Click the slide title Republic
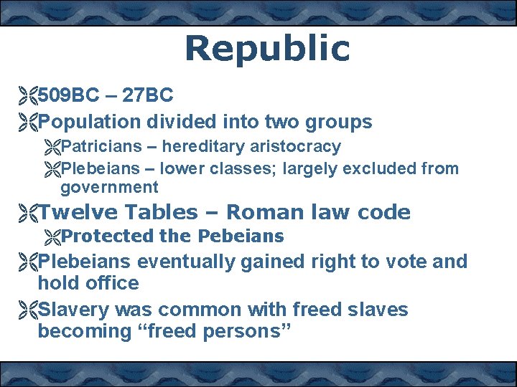[266, 49]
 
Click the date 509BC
[68, 95]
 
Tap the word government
[109, 188]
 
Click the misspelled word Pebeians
[241, 236]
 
